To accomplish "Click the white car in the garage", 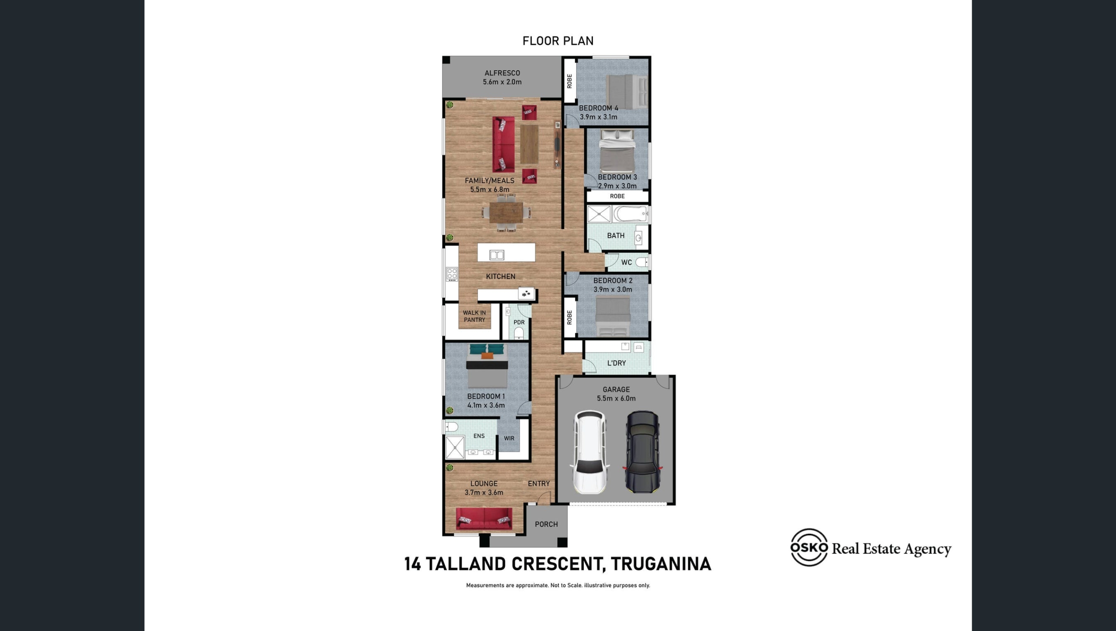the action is point(589,452).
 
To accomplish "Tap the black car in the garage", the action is point(643,452).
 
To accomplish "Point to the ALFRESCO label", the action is point(502,73).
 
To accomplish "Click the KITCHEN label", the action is point(500,276).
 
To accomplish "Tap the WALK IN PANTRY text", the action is point(474,316).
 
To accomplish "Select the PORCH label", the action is point(546,524).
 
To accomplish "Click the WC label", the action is point(626,262).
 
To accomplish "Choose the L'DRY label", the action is point(616,363).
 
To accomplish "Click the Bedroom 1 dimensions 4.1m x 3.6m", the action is point(486,405).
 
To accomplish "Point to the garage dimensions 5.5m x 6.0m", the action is point(616,398).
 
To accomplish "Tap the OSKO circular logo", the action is point(809,547).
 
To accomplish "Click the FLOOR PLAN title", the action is point(558,41).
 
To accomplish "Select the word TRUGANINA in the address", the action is point(661,564).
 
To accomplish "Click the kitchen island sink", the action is point(497,255).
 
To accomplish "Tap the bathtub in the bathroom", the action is point(631,214).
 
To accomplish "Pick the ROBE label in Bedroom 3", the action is point(617,196).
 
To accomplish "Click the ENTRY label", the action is point(539,484).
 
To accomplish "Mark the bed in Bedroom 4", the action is point(627,92).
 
